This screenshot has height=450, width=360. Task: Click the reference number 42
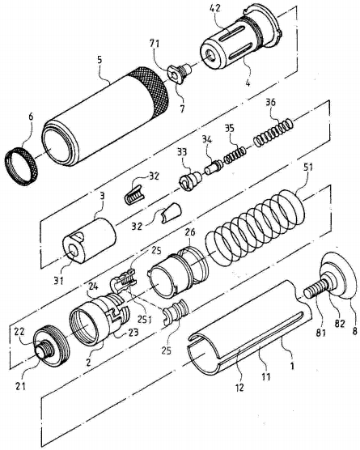click(x=214, y=8)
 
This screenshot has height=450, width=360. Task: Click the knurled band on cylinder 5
click(x=149, y=92)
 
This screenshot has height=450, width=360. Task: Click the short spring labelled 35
click(x=235, y=155)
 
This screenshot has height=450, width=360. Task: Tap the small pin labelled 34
click(x=213, y=168)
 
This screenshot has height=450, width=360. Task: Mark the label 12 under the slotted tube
click(x=239, y=388)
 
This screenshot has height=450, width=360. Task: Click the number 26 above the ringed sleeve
click(x=189, y=232)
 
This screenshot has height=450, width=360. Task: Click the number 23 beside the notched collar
click(x=133, y=333)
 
